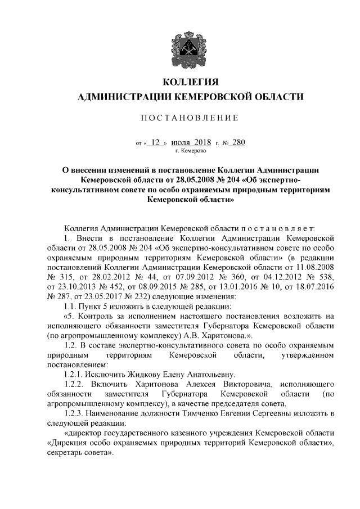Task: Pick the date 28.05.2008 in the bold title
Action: pyautogui.click(x=188, y=180)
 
